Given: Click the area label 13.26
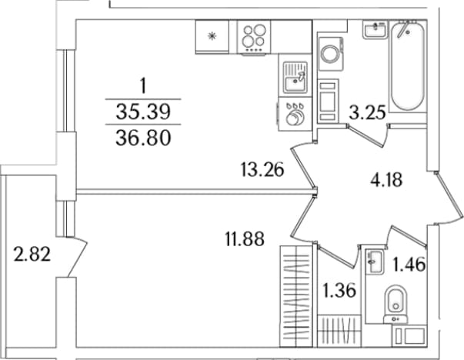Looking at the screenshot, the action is tap(262, 169).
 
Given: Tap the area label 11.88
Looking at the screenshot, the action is tap(245, 238).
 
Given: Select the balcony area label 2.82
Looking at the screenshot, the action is tap(32, 255).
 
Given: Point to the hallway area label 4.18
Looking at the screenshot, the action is tap(386, 179).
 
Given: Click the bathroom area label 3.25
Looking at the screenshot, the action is tap(368, 112).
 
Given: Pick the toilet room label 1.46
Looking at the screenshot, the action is tap(409, 264).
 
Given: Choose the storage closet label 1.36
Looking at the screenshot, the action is tap(339, 291).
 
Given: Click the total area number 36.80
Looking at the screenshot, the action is tap(144, 138).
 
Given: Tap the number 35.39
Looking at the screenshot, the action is tap(144, 112).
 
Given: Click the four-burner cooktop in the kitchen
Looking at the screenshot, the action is tap(254, 37).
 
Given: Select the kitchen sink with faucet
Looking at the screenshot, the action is tap(295, 77).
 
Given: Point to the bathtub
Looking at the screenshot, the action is tap(408, 65).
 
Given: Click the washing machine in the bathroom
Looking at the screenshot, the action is tap(331, 54).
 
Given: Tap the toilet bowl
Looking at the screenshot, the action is tap(396, 304).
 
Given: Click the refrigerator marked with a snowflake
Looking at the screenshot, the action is tap(212, 37).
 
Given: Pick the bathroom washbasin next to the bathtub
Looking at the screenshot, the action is tap(375, 29).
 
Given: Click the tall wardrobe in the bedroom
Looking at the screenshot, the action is tap(296, 296).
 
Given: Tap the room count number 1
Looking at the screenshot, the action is tap(144, 86).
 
